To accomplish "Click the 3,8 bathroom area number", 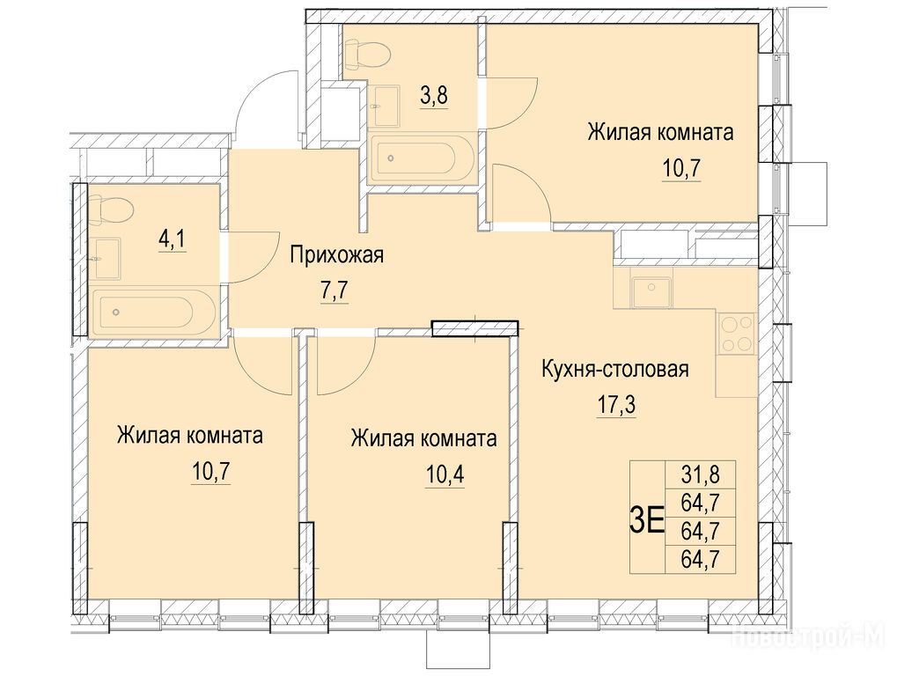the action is (x=434, y=96).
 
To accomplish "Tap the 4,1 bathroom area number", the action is (x=172, y=240).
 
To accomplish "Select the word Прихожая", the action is (x=336, y=255).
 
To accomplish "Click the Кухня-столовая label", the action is (x=615, y=370).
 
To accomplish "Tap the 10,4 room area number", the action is (x=445, y=474).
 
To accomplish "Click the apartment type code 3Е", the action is (x=646, y=522).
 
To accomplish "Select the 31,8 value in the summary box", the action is (x=700, y=474).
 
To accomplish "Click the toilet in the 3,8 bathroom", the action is (x=369, y=54).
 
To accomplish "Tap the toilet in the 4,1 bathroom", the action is (x=111, y=209).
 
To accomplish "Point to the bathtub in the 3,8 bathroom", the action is (x=423, y=158).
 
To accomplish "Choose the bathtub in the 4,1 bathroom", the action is (x=153, y=312).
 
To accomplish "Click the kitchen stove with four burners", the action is (x=736, y=334).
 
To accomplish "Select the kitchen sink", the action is (x=651, y=291).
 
